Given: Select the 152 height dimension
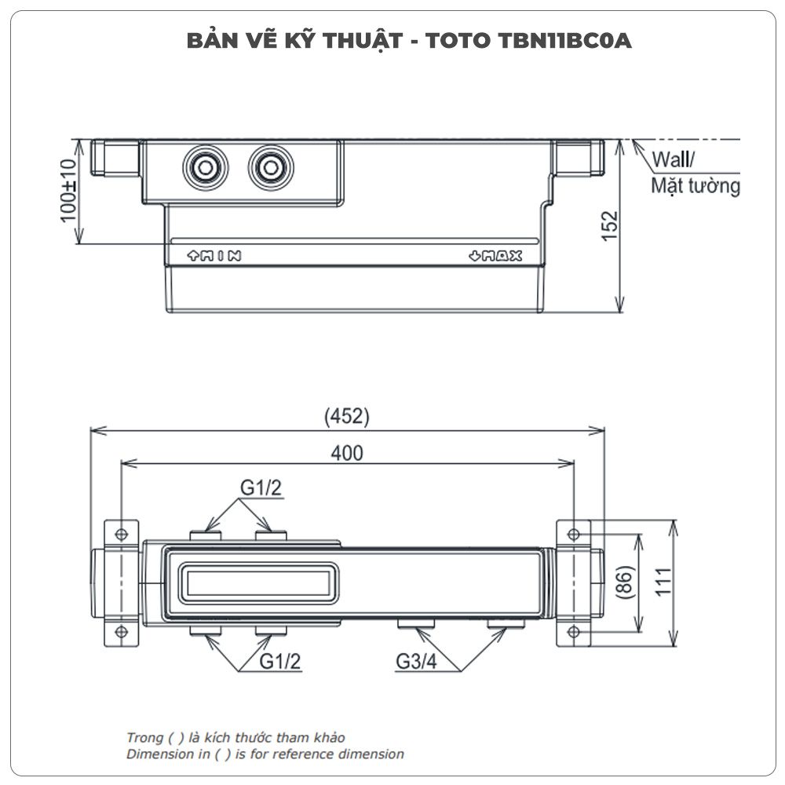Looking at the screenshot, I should point(611,226).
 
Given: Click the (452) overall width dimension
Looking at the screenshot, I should point(346,417).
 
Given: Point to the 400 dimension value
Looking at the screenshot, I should point(346,453).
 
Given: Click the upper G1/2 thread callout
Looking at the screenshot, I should point(261,488).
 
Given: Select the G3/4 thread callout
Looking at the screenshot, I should point(415,662).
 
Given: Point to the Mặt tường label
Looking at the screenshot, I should point(696,187).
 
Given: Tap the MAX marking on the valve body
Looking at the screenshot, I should point(495,255).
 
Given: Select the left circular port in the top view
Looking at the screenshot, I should point(205,166).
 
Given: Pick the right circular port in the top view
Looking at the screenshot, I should point(270,166).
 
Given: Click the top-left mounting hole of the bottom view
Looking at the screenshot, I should point(122,534).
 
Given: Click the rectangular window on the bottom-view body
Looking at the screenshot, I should point(255,582).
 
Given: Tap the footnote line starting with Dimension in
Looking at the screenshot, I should point(265,754).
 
